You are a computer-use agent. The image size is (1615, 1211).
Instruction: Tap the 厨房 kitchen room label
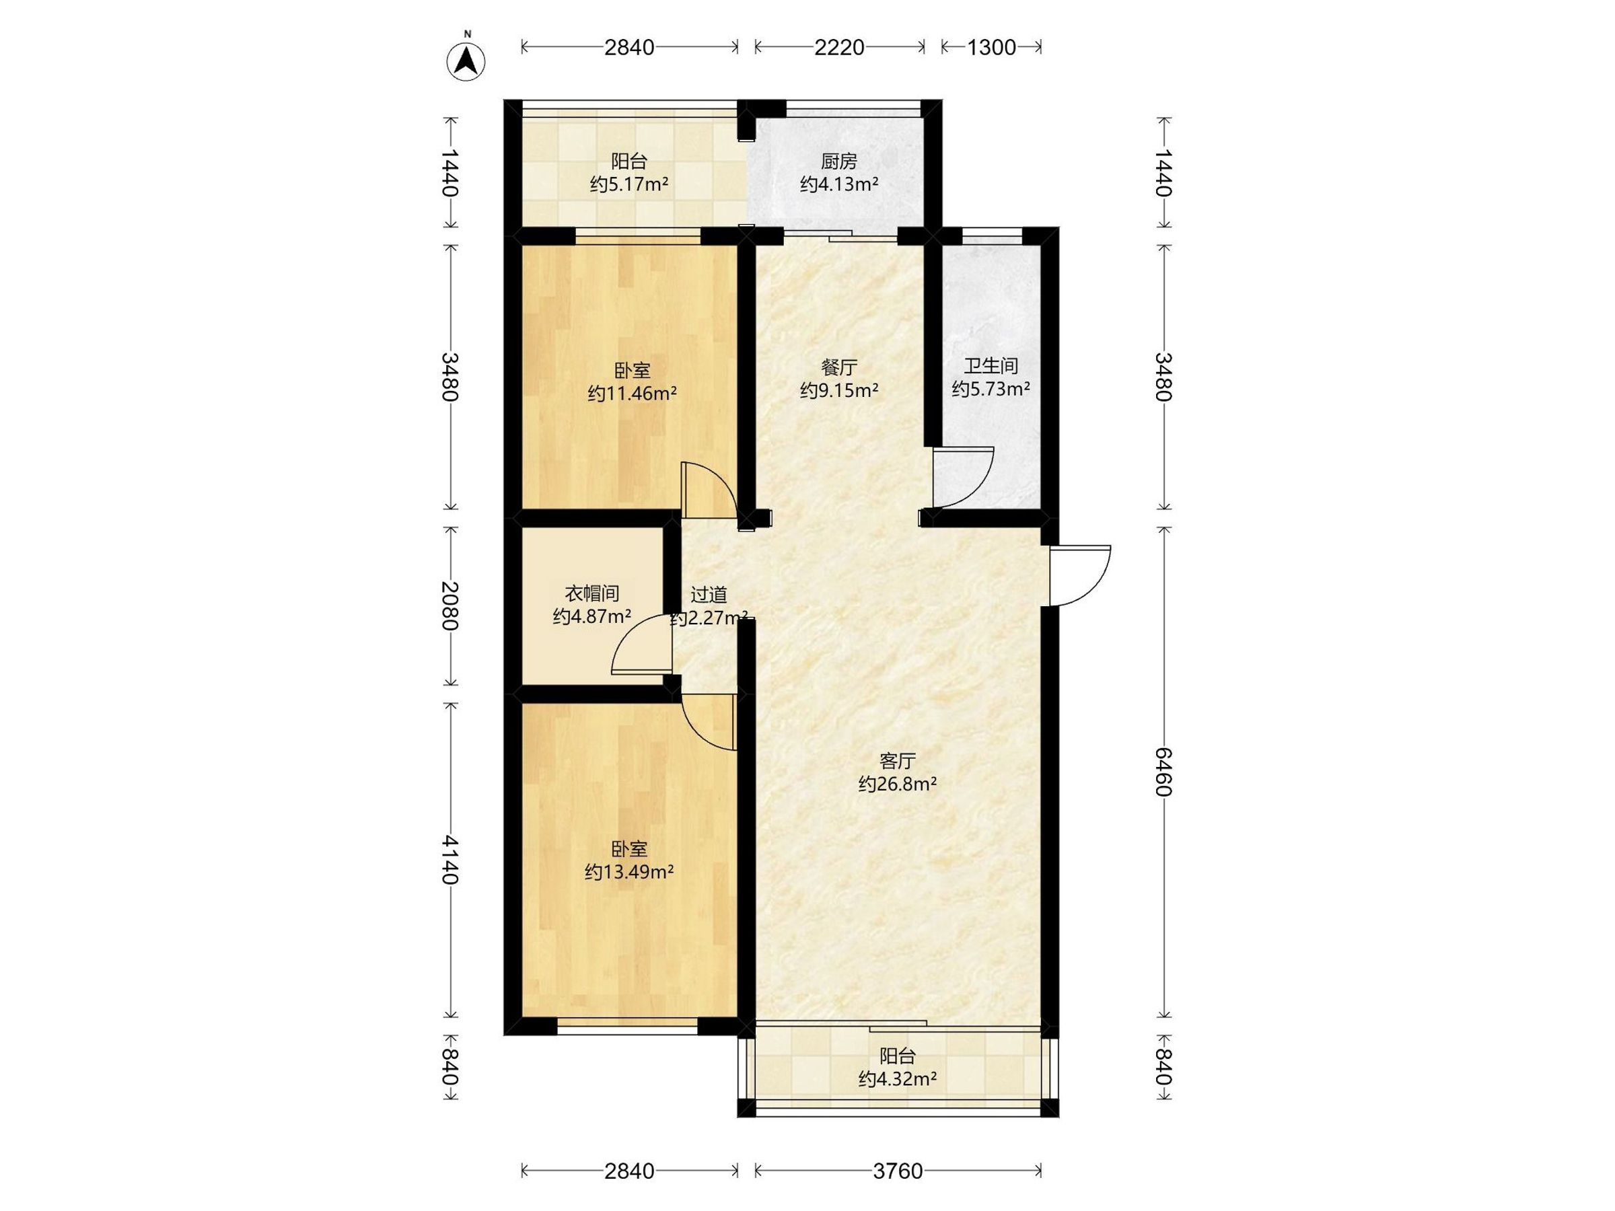[839, 161]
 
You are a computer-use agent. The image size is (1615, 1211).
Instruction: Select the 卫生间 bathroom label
[991, 367]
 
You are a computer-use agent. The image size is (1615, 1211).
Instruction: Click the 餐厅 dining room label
[839, 367]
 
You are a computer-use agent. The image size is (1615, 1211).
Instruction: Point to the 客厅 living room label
[897, 762]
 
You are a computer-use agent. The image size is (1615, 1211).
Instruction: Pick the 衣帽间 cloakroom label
[592, 593]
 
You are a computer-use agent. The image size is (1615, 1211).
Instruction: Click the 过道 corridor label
[709, 595]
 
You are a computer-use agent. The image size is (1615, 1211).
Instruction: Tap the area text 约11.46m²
[633, 395]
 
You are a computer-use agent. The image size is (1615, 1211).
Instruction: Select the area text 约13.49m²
[629, 873]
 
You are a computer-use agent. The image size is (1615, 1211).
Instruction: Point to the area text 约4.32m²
[897, 1079]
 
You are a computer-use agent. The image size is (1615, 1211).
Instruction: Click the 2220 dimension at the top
[839, 48]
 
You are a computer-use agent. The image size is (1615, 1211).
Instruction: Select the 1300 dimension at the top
[991, 48]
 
